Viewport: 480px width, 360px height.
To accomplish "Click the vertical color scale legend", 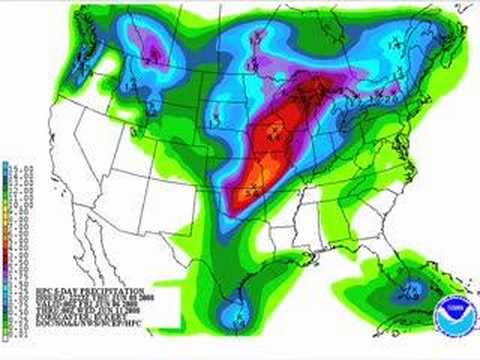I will [7, 240].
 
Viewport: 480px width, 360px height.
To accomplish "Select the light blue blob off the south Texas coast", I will [233, 318].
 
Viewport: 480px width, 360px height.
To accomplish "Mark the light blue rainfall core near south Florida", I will [409, 291].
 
